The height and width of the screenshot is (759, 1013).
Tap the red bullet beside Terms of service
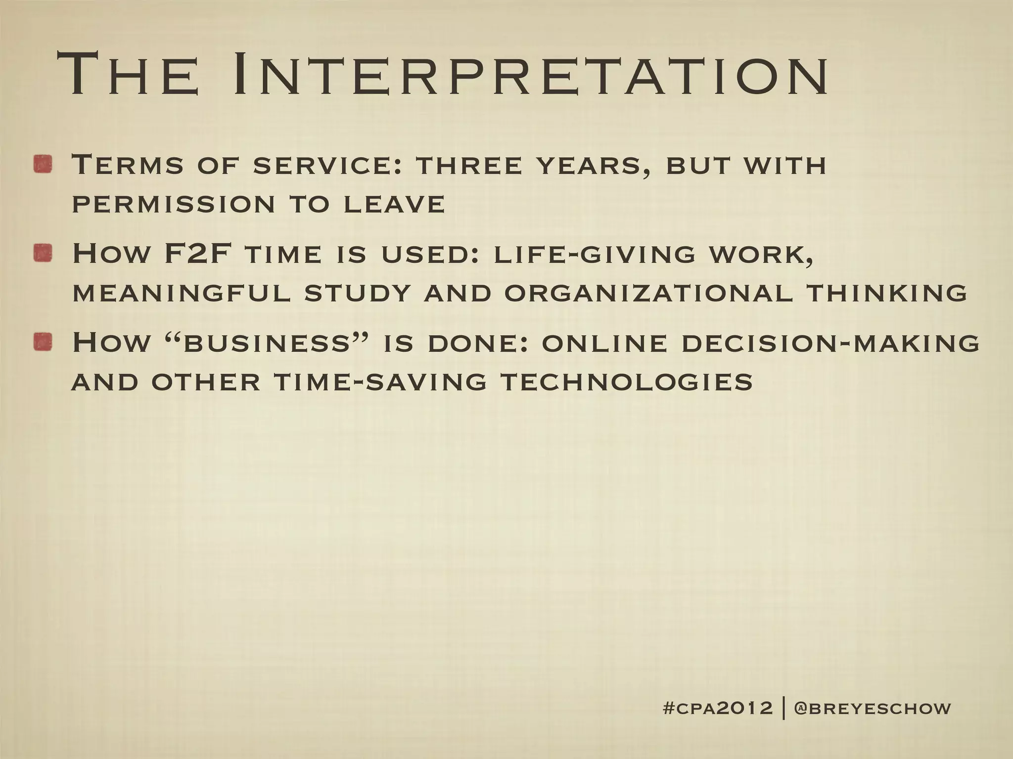tap(44, 164)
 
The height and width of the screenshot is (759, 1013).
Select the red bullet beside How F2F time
tap(44, 253)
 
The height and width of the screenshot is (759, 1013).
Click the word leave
tap(394, 204)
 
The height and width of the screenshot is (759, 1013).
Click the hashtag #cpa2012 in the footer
tap(717, 708)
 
